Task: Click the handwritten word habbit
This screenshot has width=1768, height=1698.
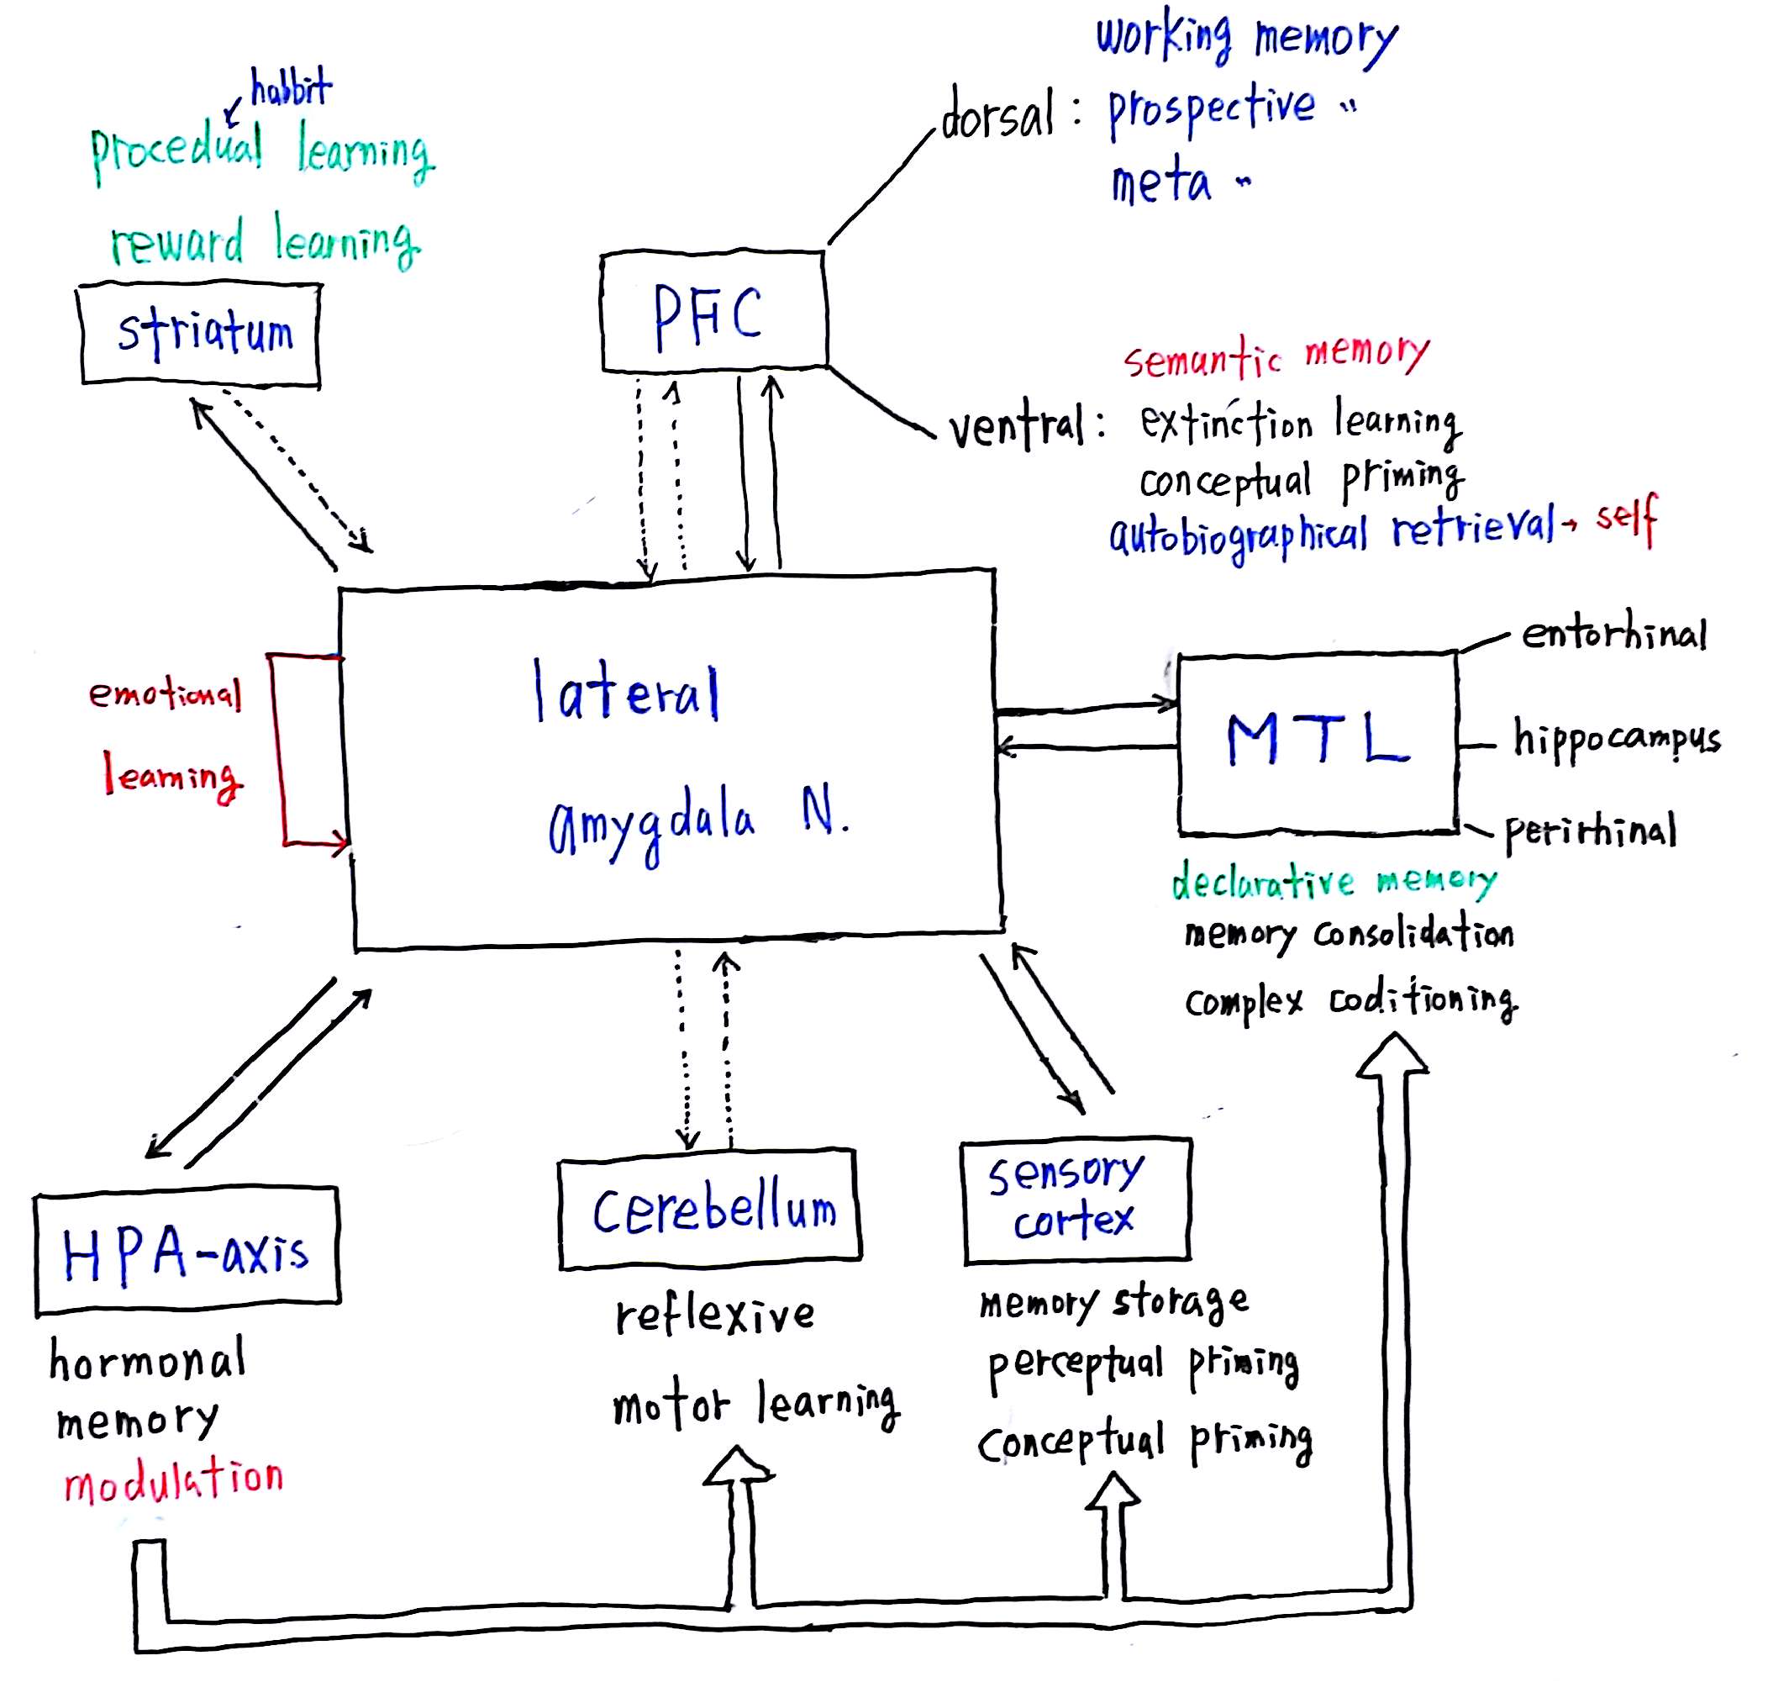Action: click(291, 88)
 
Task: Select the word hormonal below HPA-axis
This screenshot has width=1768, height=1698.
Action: click(147, 1358)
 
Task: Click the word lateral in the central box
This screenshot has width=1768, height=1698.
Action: click(626, 691)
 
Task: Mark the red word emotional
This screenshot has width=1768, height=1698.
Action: click(165, 693)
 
